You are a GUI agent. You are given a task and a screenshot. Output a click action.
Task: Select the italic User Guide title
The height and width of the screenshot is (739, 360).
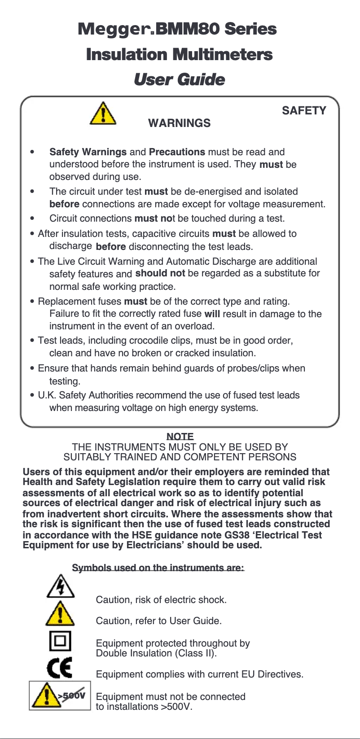pos(179,80)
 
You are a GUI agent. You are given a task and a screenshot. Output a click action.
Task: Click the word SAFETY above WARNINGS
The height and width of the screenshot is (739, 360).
pos(304,111)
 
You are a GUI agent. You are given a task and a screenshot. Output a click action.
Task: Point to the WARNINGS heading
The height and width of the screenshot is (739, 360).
pos(179,123)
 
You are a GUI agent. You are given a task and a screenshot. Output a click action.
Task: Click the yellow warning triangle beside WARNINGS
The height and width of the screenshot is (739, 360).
pos(103,114)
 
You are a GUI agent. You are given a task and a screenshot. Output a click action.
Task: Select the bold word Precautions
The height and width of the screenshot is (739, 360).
pos(177,152)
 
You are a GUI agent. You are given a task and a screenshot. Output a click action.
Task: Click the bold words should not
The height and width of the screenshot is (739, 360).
pos(160,273)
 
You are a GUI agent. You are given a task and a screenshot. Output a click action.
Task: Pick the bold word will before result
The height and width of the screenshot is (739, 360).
pos(212,314)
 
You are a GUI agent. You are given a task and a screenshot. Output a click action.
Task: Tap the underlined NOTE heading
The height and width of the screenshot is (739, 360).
pos(180,437)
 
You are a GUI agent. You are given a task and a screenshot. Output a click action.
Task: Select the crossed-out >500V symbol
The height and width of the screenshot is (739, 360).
pos(60,695)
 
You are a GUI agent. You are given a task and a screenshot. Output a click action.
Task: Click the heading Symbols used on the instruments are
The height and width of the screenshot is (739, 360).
pos(158,568)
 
